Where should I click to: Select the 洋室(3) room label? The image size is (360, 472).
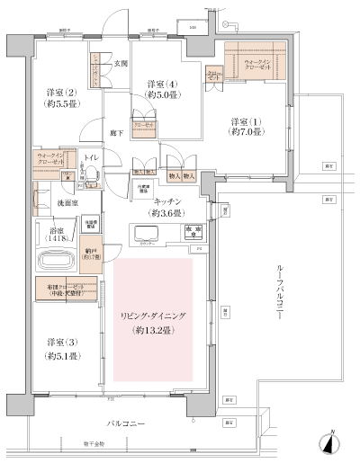click(59, 342)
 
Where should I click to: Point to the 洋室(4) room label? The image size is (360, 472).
click(163, 85)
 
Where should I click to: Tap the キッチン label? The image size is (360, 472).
click(168, 202)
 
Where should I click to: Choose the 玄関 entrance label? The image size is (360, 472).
click(121, 63)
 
